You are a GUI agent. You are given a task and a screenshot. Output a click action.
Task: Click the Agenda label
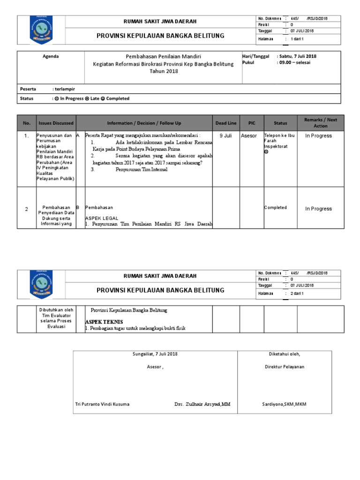[x=51, y=56]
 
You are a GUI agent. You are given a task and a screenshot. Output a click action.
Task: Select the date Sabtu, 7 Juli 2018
[x=297, y=56]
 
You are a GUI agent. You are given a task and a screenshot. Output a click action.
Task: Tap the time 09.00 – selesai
[x=293, y=62]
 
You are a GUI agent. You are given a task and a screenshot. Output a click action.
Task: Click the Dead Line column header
[x=226, y=123]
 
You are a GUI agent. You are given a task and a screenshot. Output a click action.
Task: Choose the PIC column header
[x=252, y=123]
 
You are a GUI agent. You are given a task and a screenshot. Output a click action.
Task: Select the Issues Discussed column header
[x=56, y=123]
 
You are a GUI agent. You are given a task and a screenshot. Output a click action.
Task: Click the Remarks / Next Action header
[x=321, y=123]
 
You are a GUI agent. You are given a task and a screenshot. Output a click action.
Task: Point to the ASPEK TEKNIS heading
[x=104, y=322]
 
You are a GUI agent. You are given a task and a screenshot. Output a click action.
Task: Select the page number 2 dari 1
[x=298, y=293]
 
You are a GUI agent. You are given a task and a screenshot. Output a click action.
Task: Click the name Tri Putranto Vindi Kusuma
[x=103, y=404]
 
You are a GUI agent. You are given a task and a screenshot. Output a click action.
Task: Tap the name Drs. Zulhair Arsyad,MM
[x=202, y=404]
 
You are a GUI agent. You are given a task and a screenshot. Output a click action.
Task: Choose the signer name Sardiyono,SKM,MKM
[x=284, y=404]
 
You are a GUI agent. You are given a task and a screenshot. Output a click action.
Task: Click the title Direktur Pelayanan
[x=285, y=367]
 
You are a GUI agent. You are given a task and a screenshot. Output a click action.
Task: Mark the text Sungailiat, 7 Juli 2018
[x=155, y=354]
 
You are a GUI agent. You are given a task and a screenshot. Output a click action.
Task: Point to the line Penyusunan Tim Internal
[x=141, y=170]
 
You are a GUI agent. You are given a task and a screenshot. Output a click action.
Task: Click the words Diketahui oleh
[x=285, y=354]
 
